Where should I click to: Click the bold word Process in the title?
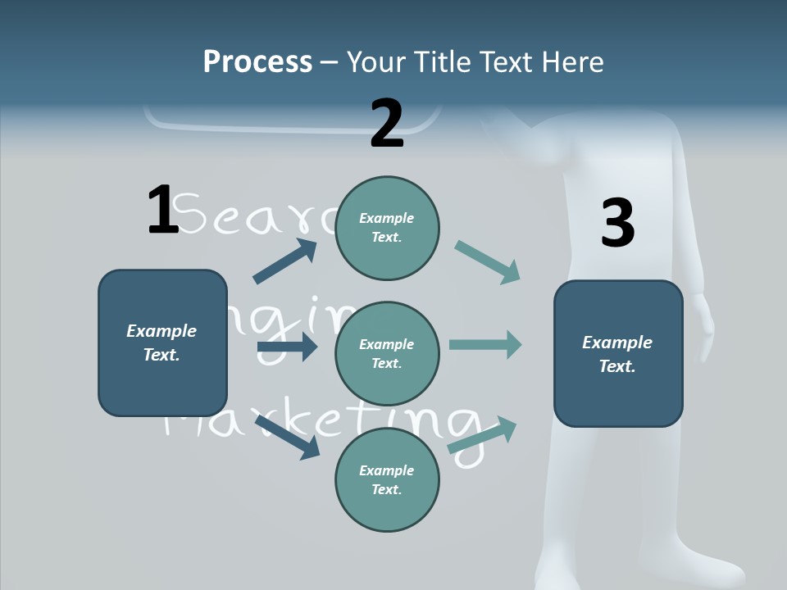(x=257, y=62)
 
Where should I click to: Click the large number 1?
(x=162, y=210)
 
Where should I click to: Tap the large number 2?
(x=387, y=124)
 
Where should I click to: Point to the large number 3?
(x=617, y=223)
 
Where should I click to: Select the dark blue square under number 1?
(x=162, y=343)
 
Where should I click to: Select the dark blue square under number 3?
(x=618, y=353)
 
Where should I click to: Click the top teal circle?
(x=387, y=228)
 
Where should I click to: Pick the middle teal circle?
(x=387, y=353)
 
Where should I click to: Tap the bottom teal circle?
(x=387, y=479)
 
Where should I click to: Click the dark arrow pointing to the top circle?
(x=284, y=261)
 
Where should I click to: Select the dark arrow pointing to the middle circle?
(x=286, y=347)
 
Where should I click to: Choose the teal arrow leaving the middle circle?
(x=485, y=344)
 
